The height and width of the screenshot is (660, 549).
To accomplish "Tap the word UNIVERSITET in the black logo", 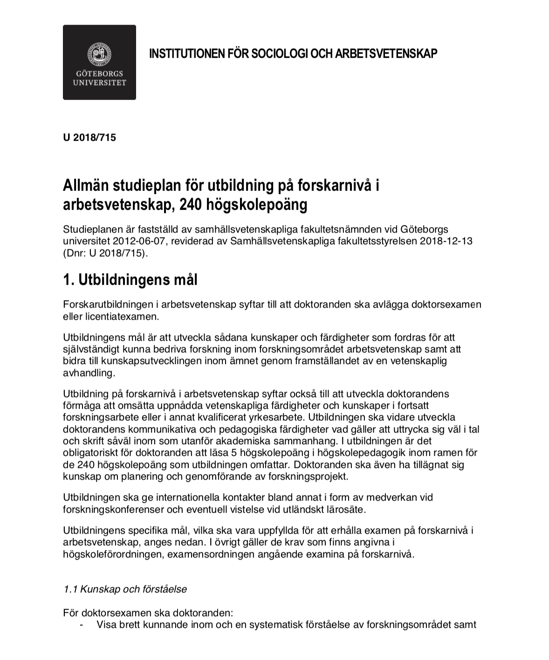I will coord(99,83).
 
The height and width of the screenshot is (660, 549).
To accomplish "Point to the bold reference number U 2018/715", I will coord(89,138).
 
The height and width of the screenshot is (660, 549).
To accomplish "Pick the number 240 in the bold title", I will coord(189,205).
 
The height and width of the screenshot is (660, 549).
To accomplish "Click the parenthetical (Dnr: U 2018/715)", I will coord(105,254).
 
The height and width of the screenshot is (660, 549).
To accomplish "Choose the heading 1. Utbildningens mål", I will coord(130,280).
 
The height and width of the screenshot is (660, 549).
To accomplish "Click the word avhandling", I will coord(88,373).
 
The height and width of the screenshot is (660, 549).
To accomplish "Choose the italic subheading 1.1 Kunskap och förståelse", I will coord(125,589).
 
